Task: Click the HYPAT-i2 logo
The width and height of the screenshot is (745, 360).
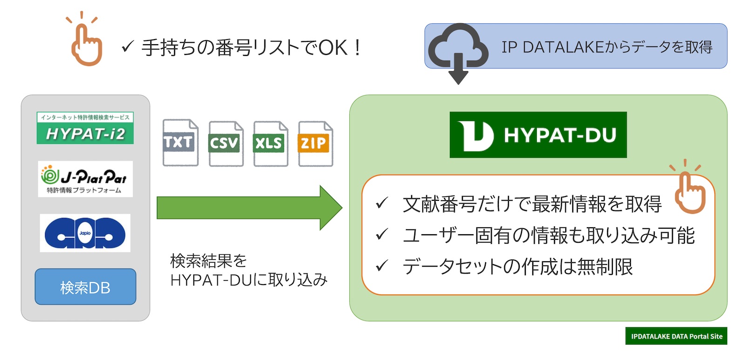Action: tap(85, 128)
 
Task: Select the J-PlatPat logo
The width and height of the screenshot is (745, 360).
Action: tap(85, 179)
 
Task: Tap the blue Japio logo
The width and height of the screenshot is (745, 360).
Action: tap(85, 233)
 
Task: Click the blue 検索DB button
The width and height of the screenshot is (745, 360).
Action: tap(85, 287)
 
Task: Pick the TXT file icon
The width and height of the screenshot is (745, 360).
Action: tap(180, 143)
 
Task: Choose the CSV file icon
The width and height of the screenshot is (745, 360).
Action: tap(225, 143)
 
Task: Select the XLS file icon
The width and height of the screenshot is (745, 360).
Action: tap(270, 143)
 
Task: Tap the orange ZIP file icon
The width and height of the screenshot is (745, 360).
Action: tap(315, 143)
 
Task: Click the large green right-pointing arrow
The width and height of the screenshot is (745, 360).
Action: tap(249, 208)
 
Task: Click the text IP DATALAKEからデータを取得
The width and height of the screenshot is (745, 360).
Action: tap(606, 47)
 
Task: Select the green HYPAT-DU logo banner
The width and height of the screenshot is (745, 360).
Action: tap(538, 135)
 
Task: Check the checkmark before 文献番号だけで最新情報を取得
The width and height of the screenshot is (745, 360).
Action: tap(382, 204)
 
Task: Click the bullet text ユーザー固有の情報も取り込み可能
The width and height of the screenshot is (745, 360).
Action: tap(548, 235)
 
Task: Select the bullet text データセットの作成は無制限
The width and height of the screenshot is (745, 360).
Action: tap(517, 267)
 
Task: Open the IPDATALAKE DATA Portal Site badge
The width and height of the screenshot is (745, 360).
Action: tap(676, 336)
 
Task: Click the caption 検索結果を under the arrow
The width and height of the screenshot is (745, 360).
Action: tap(208, 261)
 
